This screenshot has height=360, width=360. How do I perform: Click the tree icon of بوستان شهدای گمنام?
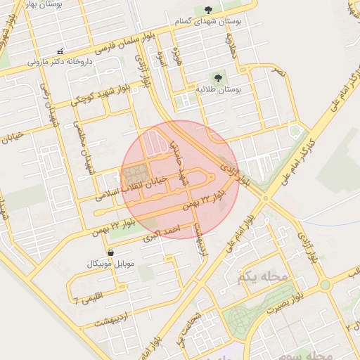(208, 10)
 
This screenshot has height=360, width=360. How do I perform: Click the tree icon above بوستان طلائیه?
(217, 78)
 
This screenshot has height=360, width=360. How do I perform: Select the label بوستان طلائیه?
(219, 90)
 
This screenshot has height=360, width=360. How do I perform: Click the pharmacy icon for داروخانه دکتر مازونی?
(60, 51)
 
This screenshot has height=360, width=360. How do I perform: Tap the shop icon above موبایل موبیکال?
(110, 252)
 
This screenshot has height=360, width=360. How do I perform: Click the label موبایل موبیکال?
(109, 264)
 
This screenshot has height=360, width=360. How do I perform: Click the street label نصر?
(280, 72)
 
